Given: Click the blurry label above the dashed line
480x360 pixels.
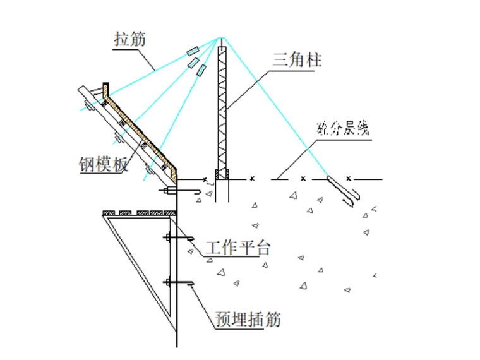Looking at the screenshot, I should coord(341,130).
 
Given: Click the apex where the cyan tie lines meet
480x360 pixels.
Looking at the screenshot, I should coord(221,36).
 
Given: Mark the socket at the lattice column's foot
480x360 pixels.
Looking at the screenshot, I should coord(222,175).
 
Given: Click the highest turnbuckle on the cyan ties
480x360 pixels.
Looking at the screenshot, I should coord(192,51).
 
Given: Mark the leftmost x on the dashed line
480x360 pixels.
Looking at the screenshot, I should coord(252,179).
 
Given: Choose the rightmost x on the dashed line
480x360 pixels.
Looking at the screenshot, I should coord(348,179).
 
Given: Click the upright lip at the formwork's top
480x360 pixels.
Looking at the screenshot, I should coord(105,89).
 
